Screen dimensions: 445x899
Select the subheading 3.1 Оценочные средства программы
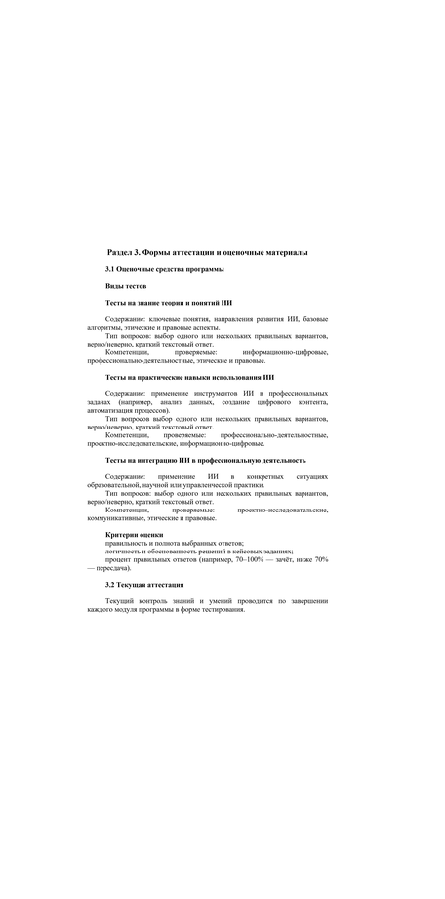pos(165,268)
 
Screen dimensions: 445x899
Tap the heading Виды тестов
pos(126,286)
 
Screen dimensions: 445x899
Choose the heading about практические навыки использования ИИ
pos(189,376)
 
